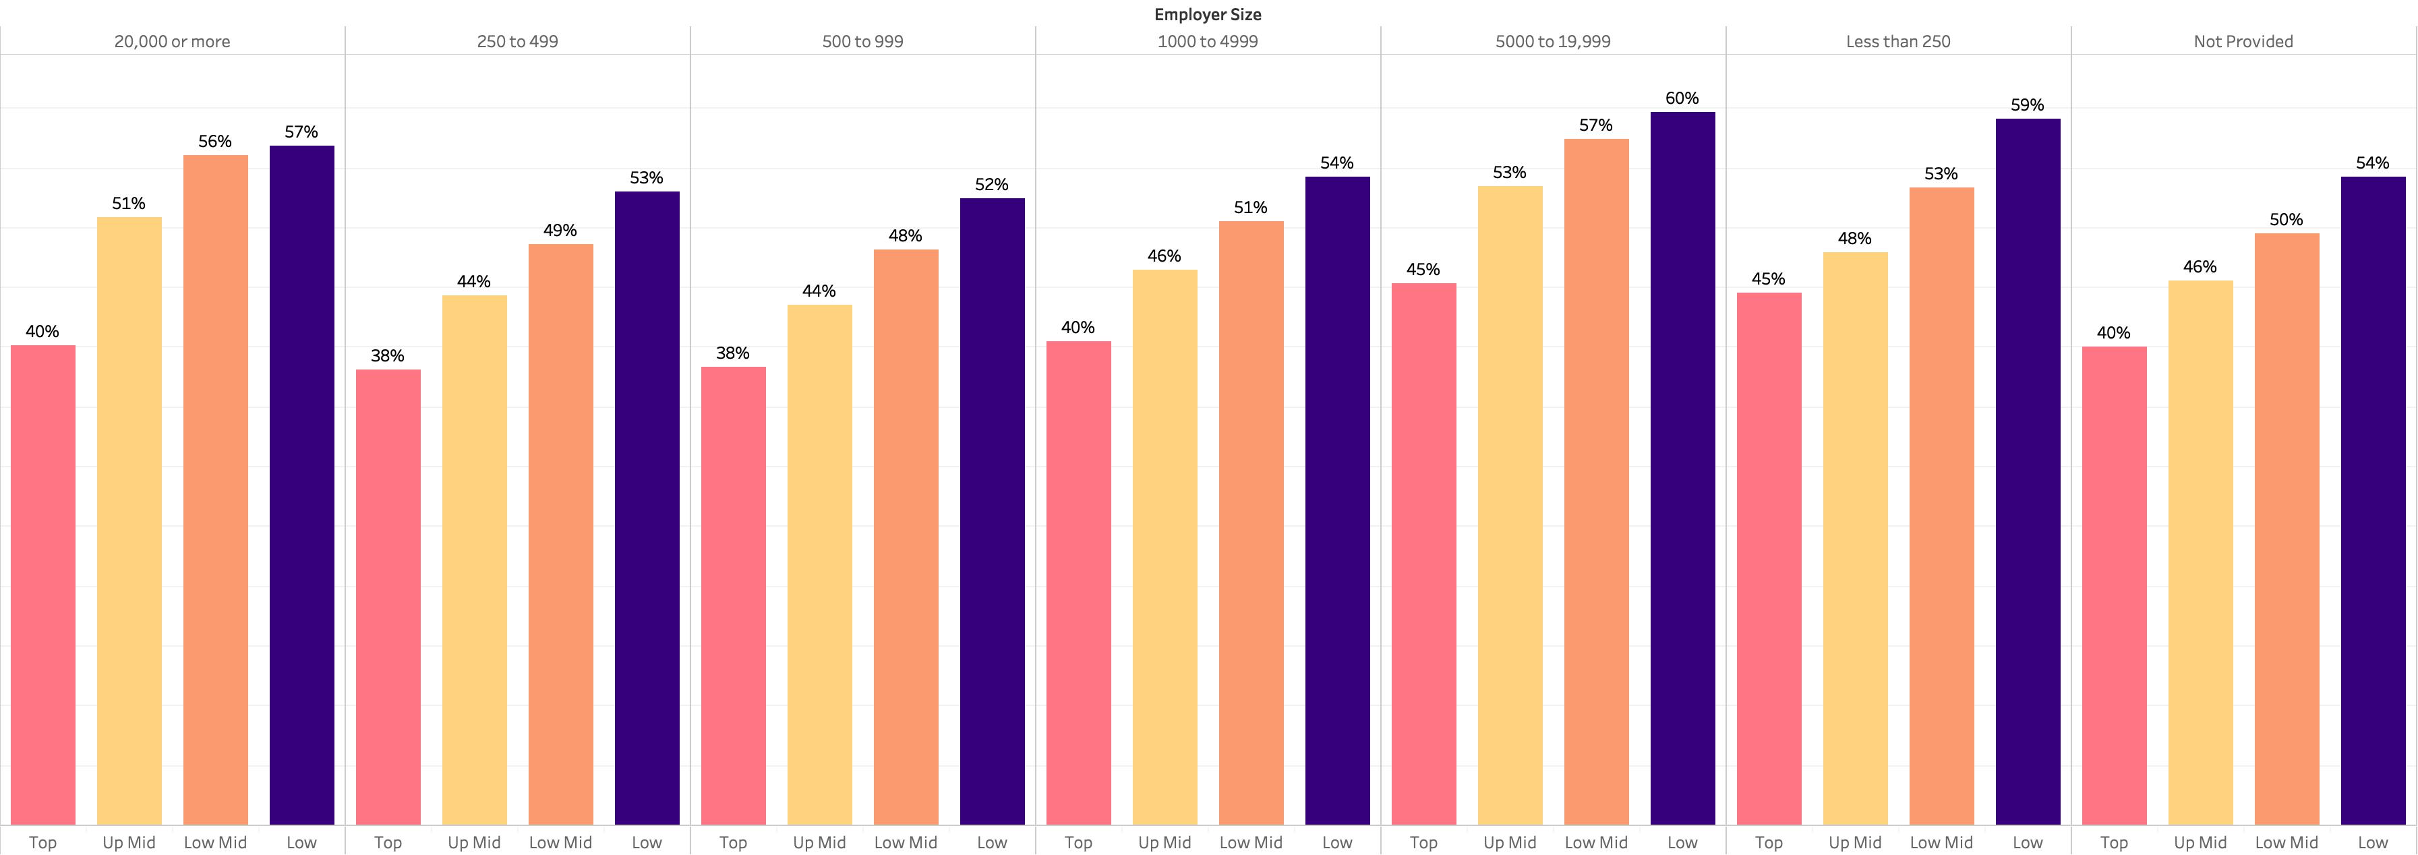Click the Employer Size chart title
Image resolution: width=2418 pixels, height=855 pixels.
click(1208, 14)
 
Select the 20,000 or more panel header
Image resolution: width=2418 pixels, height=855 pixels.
click(172, 41)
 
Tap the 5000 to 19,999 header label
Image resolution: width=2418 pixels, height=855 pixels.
click(1553, 41)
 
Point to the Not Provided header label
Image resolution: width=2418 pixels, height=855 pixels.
click(2243, 41)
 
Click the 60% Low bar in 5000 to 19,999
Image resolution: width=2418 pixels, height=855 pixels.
click(1682, 469)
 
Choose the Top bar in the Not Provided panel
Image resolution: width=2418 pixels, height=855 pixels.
click(2114, 586)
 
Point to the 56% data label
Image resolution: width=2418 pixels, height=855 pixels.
click(215, 142)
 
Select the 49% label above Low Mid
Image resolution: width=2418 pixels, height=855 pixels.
click(560, 231)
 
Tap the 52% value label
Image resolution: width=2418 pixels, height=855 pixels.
click(991, 185)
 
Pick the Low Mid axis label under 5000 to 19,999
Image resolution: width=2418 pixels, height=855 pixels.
click(1596, 842)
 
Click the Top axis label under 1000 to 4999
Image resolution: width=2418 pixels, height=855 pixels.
click(1078, 842)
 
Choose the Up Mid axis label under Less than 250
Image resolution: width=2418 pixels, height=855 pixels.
click(1855, 842)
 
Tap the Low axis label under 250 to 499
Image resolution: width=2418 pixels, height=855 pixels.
click(647, 842)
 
